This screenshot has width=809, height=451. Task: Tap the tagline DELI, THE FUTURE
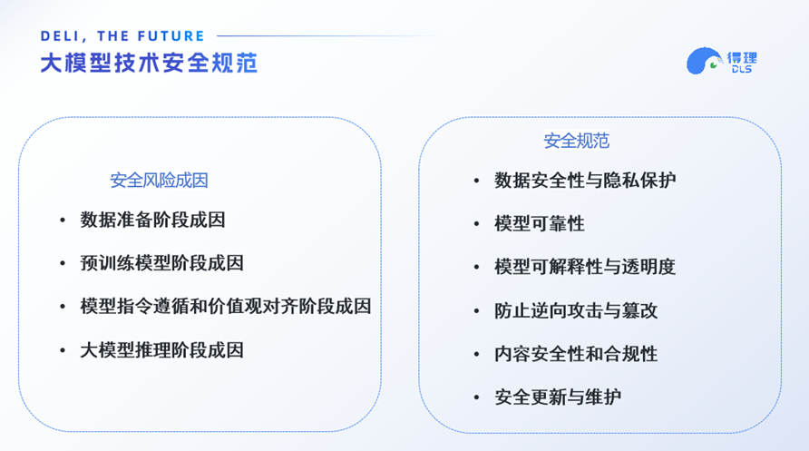(x=123, y=36)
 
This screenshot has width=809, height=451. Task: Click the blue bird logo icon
(x=703, y=62)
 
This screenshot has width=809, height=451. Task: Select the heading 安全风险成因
(x=160, y=181)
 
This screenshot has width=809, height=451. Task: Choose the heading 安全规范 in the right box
(x=577, y=141)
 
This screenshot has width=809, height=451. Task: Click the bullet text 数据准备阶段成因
(x=152, y=220)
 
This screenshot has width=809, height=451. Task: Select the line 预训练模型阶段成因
(x=162, y=263)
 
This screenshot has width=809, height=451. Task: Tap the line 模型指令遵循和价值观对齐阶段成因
(x=226, y=307)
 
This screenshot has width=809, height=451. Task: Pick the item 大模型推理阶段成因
(x=162, y=350)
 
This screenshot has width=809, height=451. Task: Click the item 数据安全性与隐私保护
(x=585, y=180)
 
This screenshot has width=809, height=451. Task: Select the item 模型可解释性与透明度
(x=585, y=267)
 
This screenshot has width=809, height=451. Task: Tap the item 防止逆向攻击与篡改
(x=576, y=310)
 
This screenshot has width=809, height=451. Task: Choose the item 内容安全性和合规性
(x=576, y=354)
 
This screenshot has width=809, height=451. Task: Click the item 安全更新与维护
(x=558, y=397)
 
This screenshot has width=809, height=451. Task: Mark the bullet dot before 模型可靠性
(x=477, y=223)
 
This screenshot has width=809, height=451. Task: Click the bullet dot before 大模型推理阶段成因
(x=63, y=350)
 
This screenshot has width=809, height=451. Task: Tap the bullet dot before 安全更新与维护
(x=477, y=397)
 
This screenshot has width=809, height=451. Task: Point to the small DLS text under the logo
(x=741, y=70)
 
